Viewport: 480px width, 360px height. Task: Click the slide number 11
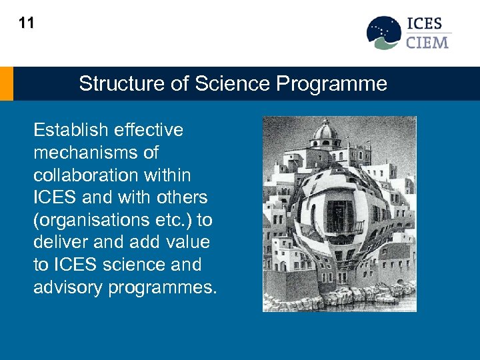(26, 23)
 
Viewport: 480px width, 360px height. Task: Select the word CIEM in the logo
(427, 43)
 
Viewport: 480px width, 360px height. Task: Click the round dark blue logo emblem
(384, 32)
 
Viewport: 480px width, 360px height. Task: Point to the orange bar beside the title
(6, 83)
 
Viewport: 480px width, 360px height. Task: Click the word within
(169, 175)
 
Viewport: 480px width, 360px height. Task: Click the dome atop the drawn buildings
(326, 130)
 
